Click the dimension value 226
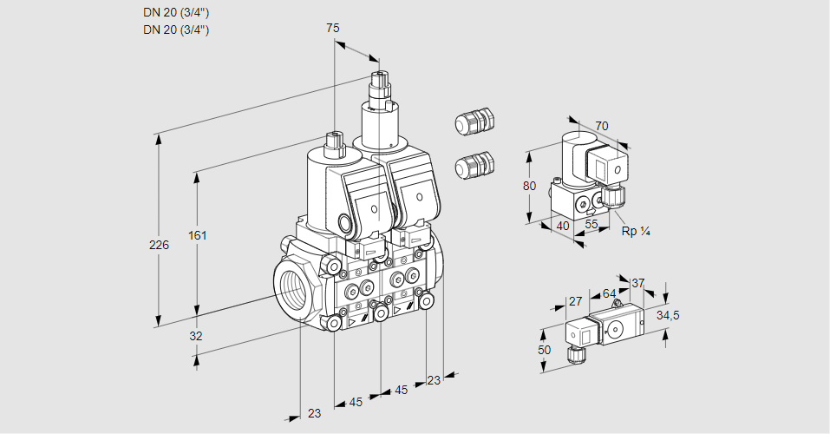159,245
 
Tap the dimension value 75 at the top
332,28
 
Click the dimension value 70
602,126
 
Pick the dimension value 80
531,185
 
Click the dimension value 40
561,226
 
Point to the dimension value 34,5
668,315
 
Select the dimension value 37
638,283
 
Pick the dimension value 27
574,301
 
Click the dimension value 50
544,349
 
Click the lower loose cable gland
474,164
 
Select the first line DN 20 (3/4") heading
176,12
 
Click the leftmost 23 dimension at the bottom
314,413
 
